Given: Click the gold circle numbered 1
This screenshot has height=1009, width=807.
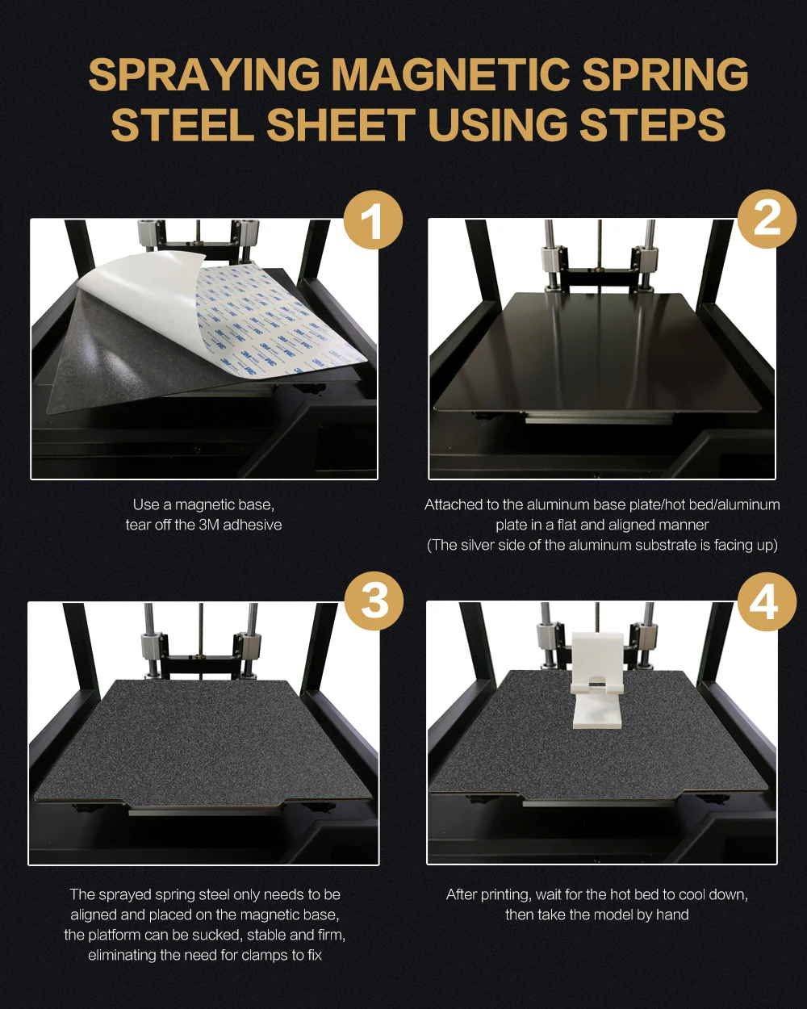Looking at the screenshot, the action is pyautogui.click(x=373, y=220).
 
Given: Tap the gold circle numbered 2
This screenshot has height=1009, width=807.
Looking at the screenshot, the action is pyautogui.click(x=767, y=219).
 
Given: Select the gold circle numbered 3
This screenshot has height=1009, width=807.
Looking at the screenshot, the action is pyautogui.click(x=374, y=601).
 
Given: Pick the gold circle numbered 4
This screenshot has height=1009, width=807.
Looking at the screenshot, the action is pyautogui.click(x=767, y=601).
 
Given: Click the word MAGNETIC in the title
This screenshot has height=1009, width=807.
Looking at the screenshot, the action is pyautogui.click(x=450, y=75).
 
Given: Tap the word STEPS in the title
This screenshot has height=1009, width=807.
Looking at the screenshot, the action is pyautogui.click(x=652, y=124).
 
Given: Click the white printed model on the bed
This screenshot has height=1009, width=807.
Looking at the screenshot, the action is pyautogui.click(x=597, y=680).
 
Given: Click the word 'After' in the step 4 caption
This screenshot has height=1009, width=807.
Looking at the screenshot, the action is pyautogui.click(x=462, y=894).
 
